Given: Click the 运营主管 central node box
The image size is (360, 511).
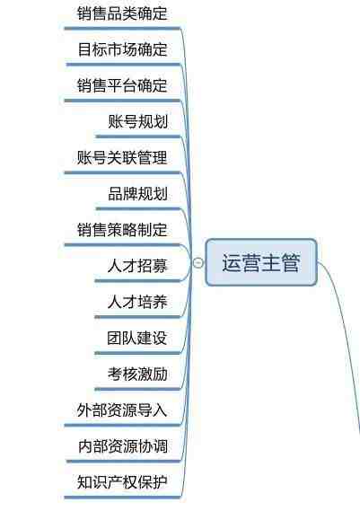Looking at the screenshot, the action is [x=261, y=262].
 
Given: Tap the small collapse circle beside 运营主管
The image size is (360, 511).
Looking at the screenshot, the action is [x=198, y=262].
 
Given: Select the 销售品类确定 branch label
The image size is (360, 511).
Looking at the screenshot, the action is [x=122, y=13].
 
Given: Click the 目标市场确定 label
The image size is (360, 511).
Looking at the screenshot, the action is [x=123, y=49].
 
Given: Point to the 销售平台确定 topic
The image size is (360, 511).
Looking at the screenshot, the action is [x=122, y=85].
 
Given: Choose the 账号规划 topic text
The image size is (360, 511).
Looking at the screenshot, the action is [x=138, y=122].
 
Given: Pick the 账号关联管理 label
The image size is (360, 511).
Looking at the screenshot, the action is [x=122, y=158].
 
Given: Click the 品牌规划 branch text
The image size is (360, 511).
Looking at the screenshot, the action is [x=138, y=194].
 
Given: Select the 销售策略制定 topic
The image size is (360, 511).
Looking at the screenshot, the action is [x=122, y=230].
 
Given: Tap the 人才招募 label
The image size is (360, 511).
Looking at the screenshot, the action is [x=137, y=266].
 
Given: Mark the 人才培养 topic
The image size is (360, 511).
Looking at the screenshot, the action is [x=137, y=302].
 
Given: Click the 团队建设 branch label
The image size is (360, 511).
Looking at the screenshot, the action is [x=137, y=338].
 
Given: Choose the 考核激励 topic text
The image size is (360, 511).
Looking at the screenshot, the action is [x=138, y=374].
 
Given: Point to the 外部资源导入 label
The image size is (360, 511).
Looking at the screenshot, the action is [x=122, y=410].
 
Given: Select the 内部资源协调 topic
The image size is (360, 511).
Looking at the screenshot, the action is [x=123, y=446].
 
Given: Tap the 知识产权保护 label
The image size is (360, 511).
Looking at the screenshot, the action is [x=122, y=482].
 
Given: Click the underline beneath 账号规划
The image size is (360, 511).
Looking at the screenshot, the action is [x=138, y=137].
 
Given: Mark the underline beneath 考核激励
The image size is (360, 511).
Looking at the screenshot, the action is [x=137, y=389].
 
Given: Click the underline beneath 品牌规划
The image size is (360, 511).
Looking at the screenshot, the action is [x=138, y=208].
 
